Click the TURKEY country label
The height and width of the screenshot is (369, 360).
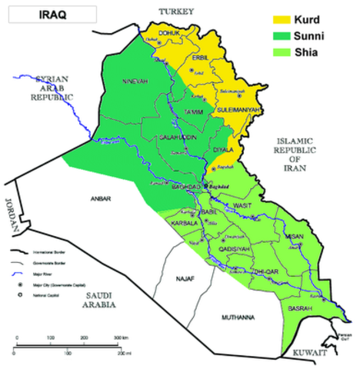[x=176, y=11]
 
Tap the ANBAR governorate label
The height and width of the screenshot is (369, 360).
[x=101, y=199]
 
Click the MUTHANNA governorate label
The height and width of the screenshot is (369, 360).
[x=236, y=316]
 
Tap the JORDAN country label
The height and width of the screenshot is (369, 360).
[x=10, y=214]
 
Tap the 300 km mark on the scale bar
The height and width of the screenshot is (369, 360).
[x=121, y=338]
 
